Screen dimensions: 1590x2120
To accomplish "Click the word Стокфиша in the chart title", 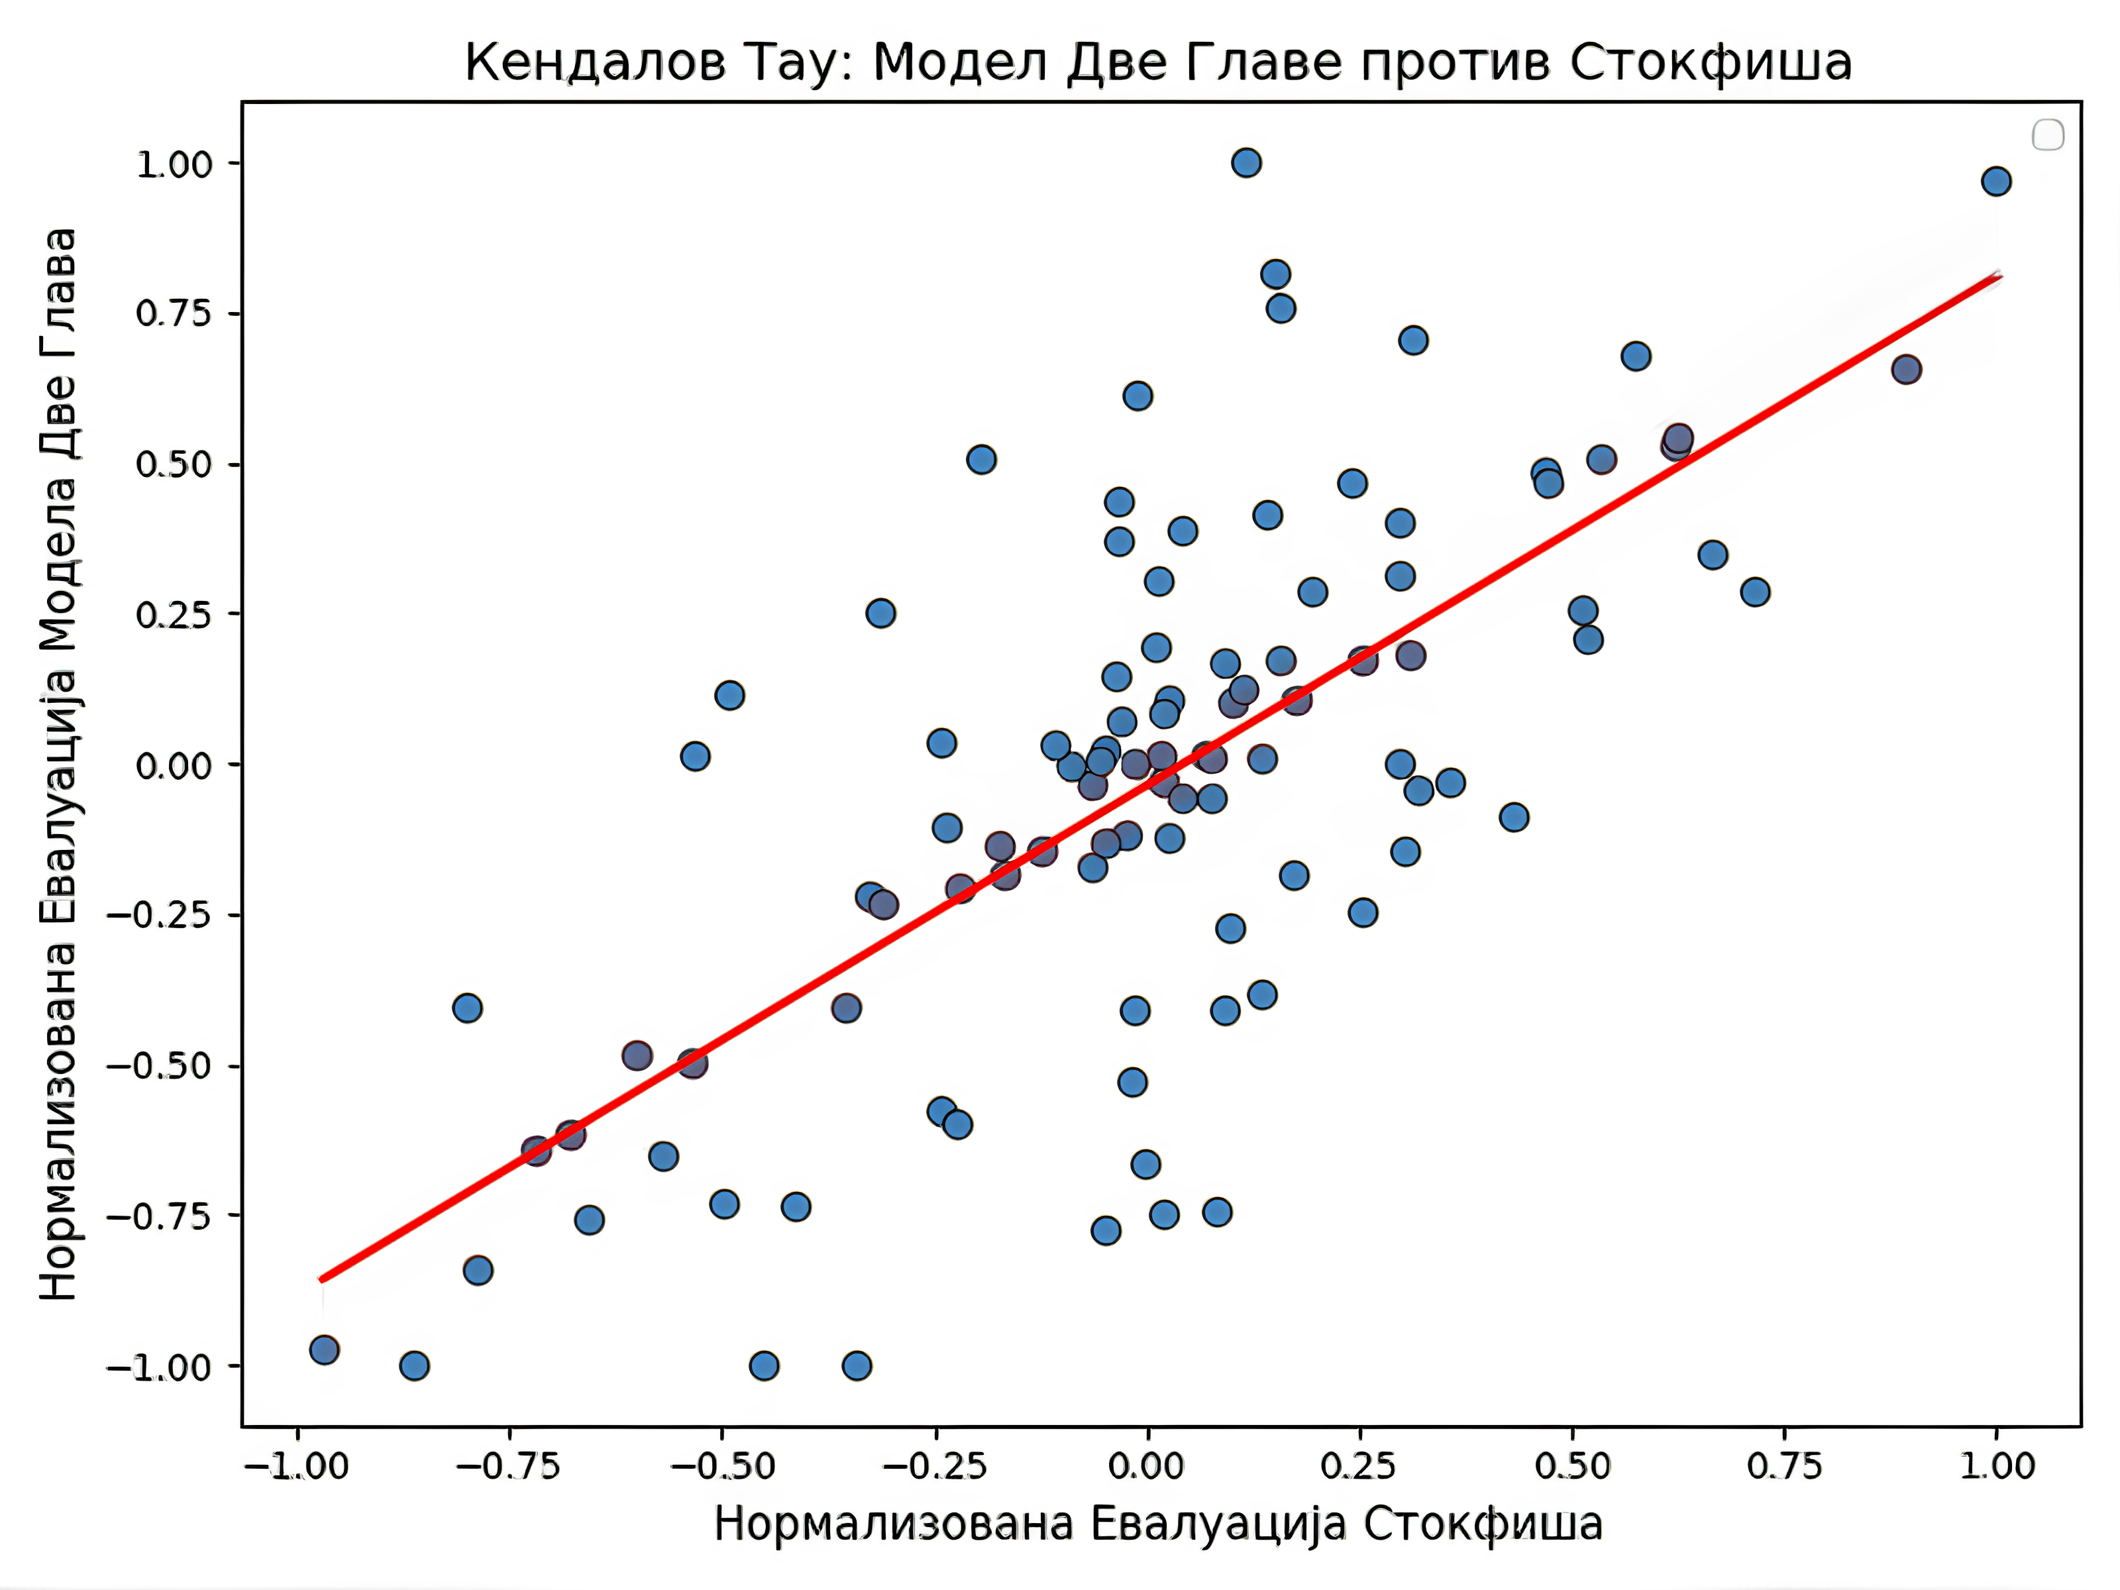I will [x=1710, y=63].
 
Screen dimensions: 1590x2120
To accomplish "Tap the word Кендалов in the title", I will [x=594, y=63].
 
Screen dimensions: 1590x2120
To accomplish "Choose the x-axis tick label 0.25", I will [x=1359, y=1465].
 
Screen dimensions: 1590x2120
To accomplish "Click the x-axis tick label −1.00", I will [x=297, y=1465].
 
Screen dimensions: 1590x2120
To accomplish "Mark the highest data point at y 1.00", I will [x=1246, y=163].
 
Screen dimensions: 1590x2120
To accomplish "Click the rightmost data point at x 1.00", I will [x=1996, y=181].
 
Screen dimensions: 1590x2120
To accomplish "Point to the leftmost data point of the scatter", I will [x=324, y=1350].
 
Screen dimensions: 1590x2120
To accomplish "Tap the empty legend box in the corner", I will [x=2048, y=135].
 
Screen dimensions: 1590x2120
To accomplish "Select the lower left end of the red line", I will [x=322, y=1279].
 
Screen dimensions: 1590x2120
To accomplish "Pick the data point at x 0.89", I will [x=1906, y=369].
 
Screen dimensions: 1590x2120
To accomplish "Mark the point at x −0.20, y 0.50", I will [x=980, y=459].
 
